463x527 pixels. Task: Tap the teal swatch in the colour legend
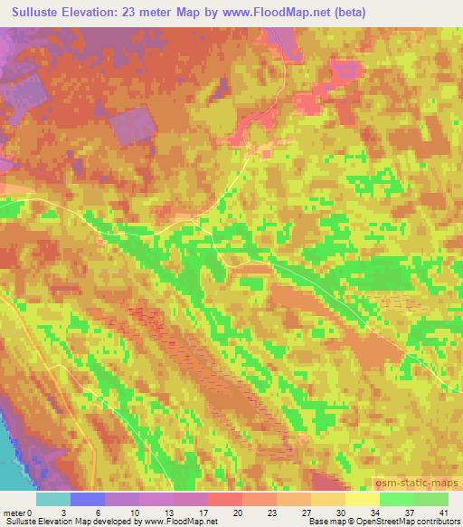53,499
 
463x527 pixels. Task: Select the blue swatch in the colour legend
89,499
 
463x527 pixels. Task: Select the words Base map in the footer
322,522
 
